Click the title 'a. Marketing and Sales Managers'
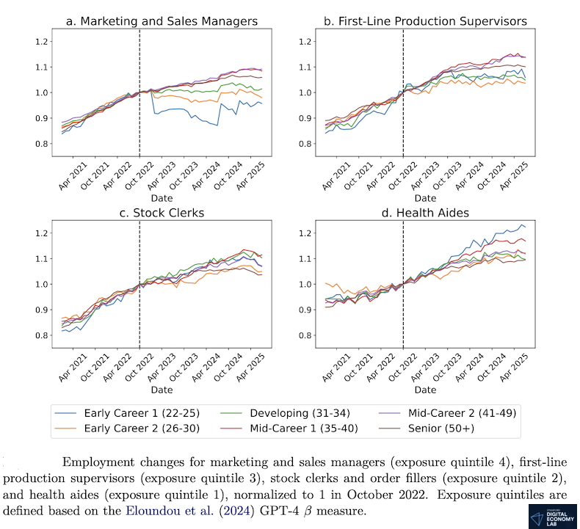pos(162,21)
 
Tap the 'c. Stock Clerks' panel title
pos(162,214)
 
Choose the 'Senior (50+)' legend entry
pos(467,428)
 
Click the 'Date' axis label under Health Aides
pos(425,390)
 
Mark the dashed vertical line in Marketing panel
pos(139,88)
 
